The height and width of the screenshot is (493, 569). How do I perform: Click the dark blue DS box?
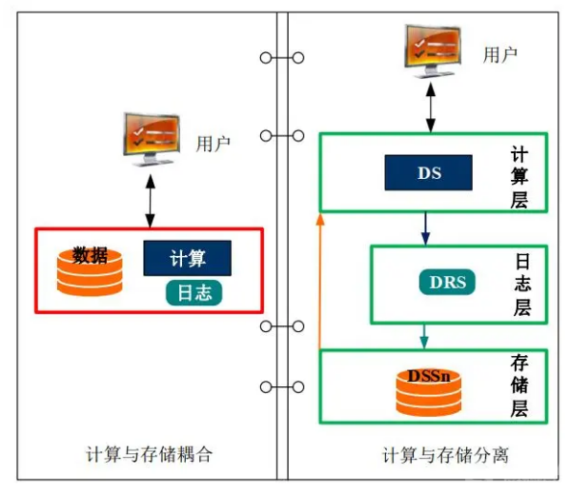[x=428, y=172]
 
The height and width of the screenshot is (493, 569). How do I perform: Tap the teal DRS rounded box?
[x=447, y=282]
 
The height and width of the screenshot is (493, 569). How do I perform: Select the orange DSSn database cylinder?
[x=428, y=392]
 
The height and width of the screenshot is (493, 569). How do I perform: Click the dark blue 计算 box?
[x=187, y=258]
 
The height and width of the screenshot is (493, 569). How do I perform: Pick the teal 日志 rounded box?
[x=194, y=292]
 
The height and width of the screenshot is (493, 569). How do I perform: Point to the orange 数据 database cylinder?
[x=90, y=271]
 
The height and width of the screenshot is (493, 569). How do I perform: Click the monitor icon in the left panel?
[x=152, y=140]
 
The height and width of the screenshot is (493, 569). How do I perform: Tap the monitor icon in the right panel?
[x=433, y=51]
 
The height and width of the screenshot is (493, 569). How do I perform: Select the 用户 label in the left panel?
[x=213, y=144]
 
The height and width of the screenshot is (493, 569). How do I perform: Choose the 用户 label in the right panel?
[x=500, y=55]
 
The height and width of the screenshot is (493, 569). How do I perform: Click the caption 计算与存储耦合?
[x=149, y=454]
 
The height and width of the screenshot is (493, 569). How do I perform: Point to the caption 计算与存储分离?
[x=446, y=455]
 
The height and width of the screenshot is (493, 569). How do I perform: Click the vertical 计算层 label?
[x=519, y=177]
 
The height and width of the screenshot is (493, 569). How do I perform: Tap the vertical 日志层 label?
[x=522, y=285]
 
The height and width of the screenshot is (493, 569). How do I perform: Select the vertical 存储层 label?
[x=519, y=385]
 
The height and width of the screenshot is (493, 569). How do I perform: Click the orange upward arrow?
[x=319, y=281]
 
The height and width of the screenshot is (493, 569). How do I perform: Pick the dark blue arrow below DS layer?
[x=426, y=229]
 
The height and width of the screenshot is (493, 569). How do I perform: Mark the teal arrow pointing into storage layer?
[x=424, y=337]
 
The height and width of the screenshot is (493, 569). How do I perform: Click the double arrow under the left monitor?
[x=151, y=202]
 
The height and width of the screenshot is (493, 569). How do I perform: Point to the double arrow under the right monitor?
[x=431, y=108]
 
